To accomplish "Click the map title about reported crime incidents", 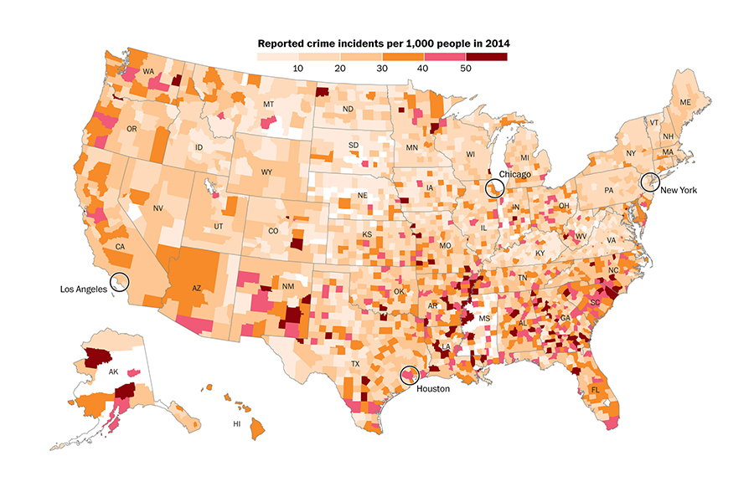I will (382, 43).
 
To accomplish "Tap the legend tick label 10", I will (297, 68).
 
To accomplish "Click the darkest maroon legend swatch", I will (486, 56).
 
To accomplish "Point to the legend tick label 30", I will (381, 68).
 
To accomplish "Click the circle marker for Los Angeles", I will (121, 282).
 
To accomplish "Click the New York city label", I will (679, 190).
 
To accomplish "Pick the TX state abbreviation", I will (355, 364).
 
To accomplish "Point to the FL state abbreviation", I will (595, 390).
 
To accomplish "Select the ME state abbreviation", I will (685, 102).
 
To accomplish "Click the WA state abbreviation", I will (148, 72).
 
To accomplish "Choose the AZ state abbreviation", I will (198, 289).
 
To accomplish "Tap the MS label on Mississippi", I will (483, 319).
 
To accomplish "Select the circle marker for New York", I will (650, 182).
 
